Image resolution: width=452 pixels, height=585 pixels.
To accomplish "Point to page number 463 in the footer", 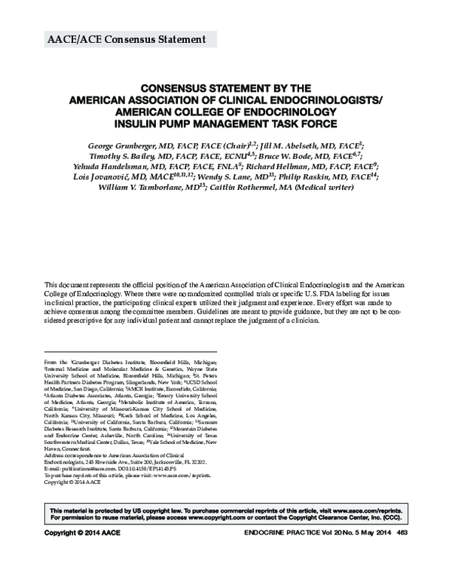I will coord(402,534).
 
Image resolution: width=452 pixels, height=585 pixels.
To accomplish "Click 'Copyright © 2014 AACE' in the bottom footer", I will coord(83,534).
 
